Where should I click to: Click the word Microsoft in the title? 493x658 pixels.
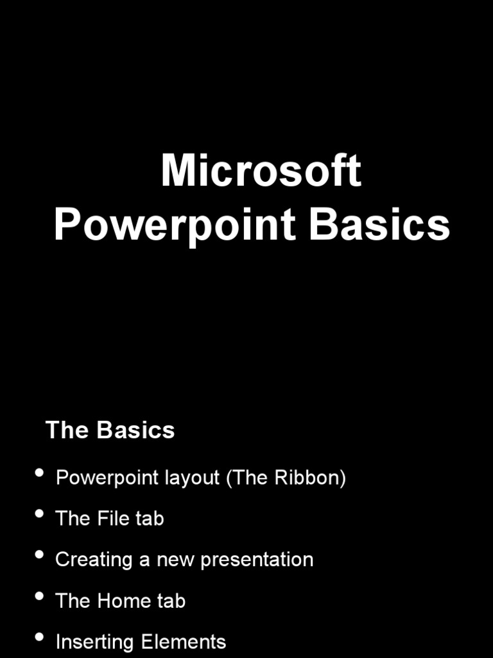point(261,172)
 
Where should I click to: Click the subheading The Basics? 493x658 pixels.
point(110,430)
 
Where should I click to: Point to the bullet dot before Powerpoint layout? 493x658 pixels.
point(40,474)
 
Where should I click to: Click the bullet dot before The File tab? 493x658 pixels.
point(40,514)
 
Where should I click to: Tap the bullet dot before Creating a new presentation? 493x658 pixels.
point(40,555)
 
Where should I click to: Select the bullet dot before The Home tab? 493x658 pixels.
point(40,596)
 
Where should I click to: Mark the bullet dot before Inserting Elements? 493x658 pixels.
point(40,637)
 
